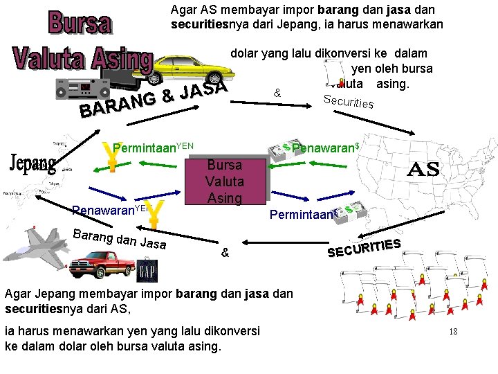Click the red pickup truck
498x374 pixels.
coord(101,262)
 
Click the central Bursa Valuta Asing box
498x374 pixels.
coord(225,181)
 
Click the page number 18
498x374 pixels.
coord(453,332)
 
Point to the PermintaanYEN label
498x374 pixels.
coord(153,148)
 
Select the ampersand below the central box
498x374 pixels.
coord(224,253)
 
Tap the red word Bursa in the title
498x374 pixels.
coord(79,22)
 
